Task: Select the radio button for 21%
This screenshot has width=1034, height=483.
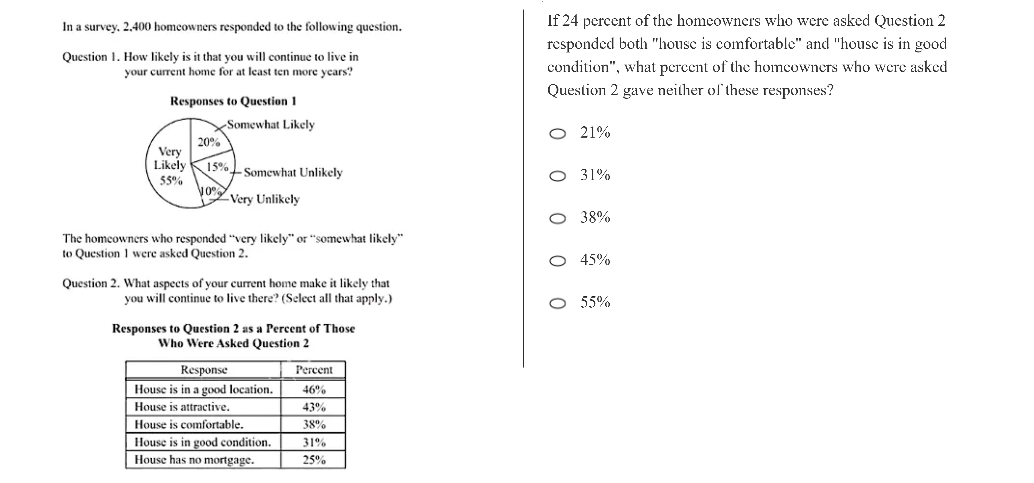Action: tap(558, 133)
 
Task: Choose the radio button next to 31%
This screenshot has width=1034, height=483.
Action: tap(558, 176)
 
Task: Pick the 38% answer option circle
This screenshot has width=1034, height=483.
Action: tap(558, 219)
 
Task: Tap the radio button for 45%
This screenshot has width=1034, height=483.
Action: tap(558, 261)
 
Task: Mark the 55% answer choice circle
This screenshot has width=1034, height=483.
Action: tap(558, 304)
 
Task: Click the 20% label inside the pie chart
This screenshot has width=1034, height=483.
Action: tap(209, 142)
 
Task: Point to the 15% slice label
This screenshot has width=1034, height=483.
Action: tap(217, 166)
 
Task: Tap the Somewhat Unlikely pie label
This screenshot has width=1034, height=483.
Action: tap(293, 173)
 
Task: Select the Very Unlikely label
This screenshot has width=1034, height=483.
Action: tap(265, 199)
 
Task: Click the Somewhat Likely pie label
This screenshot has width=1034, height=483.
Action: tap(271, 125)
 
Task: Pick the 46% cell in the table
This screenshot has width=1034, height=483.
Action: tap(314, 389)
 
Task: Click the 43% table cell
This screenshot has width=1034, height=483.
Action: tap(314, 407)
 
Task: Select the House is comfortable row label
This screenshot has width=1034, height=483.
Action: tap(189, 424)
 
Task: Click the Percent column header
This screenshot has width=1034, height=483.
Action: tap(314, 370)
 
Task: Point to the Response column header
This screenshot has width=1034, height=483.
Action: tap(204, 370)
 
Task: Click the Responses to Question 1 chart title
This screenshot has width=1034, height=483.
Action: tap(233, 101)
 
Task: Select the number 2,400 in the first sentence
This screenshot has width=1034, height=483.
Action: tap(137, 27)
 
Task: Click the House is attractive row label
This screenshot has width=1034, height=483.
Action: tap(182, 407)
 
